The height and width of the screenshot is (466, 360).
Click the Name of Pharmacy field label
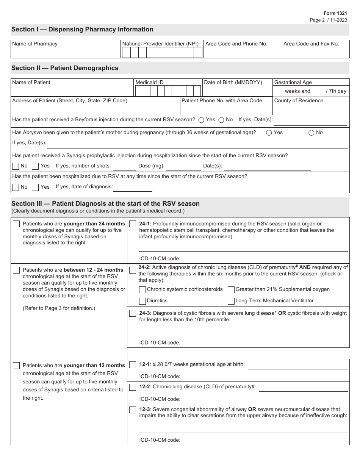pos(35,44)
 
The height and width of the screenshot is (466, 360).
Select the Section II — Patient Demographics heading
pos(65,68)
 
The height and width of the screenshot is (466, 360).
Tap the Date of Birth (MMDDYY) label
pos(233,83)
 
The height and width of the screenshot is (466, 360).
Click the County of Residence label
pos(299,101)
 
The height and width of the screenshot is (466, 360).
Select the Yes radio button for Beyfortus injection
pos(201,120)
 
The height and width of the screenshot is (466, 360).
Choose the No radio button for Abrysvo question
pos(311,133)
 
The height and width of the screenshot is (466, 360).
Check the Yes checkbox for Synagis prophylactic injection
pos(35,166)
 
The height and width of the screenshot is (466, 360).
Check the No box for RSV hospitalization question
pos(16,187)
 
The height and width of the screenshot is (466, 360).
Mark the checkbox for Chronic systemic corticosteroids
pos(142,290)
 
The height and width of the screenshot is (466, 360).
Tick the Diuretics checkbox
pos(142,301)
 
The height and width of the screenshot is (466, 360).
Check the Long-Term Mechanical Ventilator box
pos(231,301)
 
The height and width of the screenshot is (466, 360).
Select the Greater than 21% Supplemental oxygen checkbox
pos(231,290)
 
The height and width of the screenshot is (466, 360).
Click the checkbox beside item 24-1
pos(133,224)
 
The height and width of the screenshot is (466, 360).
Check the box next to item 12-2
pos(133,387)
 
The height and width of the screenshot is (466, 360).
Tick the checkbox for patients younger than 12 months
pos(16,366)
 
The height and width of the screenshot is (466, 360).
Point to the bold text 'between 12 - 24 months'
pos(94,270)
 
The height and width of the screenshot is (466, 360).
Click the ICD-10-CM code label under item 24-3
pos(160,343)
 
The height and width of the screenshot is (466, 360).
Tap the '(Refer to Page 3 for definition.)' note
pos(59,308)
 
